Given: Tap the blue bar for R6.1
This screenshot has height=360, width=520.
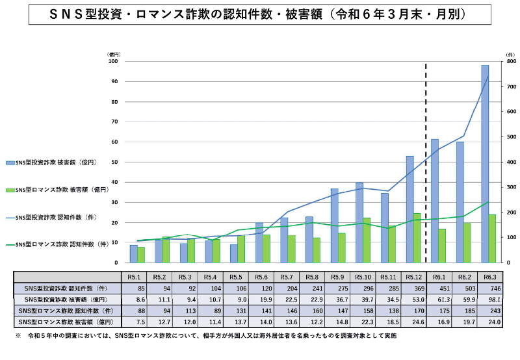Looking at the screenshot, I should tap(435, 201).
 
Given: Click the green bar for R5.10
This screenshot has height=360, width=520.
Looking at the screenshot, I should tap(367, 240).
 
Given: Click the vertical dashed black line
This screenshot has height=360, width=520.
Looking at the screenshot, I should tap(426, 162).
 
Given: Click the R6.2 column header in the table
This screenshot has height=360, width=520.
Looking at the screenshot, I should tap(463, 276).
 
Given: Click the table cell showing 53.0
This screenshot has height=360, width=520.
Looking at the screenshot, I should tap(413, 299).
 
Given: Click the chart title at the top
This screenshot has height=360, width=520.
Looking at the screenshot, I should tap(259, 14).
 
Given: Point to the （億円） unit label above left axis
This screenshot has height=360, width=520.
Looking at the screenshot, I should tap(114, 55).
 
